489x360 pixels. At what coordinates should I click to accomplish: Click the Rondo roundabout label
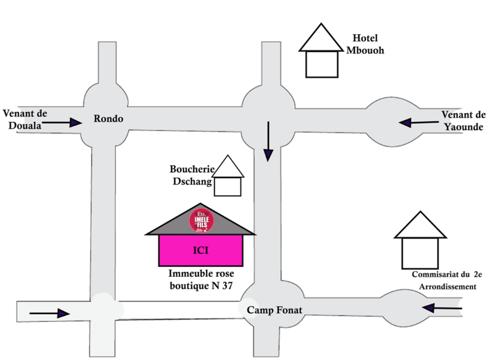[x=109, y=119]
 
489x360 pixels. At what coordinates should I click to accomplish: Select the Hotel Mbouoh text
[x=365, y=44]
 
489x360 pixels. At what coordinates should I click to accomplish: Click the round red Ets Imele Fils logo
[x=201, y=220]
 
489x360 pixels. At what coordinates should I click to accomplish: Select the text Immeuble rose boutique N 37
[x=201, y=279]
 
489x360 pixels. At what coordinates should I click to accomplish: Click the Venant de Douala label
[x=26, y=119]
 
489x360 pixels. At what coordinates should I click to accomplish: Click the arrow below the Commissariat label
[x=443, y=308]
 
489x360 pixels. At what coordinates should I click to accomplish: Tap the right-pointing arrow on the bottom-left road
[x=49, y=313]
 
